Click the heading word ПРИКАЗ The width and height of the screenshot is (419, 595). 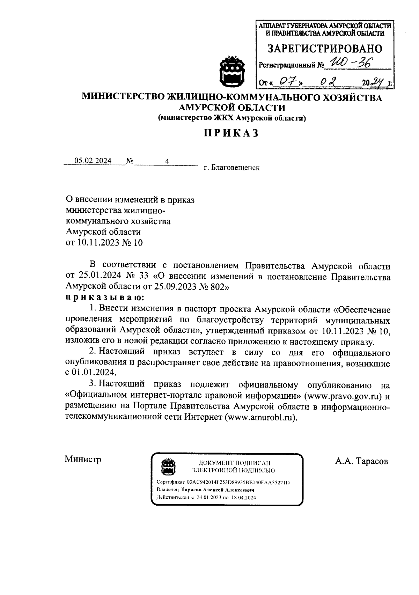(x=231, y=133)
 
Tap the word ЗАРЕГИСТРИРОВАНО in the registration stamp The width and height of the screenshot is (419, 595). (x=325, y=49)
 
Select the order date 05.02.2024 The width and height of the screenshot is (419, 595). (x=93, y=161)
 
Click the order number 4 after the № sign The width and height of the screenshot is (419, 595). (x=167, y=161)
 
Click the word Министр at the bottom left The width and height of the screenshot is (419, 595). (x=83, y=459)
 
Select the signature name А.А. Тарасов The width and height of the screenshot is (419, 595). (x=361, y=461)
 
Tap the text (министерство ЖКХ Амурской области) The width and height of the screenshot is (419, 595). (x=232, y=118)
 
